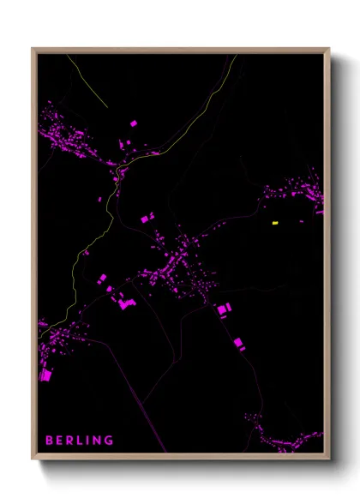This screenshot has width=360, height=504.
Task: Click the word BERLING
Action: click(79, 441)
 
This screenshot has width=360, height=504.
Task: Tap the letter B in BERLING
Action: click(49, 441)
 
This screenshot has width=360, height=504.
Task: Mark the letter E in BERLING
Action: click(59, 441)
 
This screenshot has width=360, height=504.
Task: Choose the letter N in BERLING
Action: click(96, 441)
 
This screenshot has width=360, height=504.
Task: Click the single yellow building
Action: click(275, 223)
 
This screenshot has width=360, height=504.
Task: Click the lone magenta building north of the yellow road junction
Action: click(133, 124)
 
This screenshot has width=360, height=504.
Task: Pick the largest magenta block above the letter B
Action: click(45, 375)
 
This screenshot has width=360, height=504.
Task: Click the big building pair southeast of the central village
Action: click(224, 309)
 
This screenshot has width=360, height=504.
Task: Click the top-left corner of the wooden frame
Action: click(33, 49)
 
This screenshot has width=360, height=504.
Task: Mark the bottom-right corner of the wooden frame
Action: click(329, 458)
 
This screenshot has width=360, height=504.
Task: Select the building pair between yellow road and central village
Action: click(147, 218)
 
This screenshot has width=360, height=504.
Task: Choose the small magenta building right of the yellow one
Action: click(301, 222)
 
